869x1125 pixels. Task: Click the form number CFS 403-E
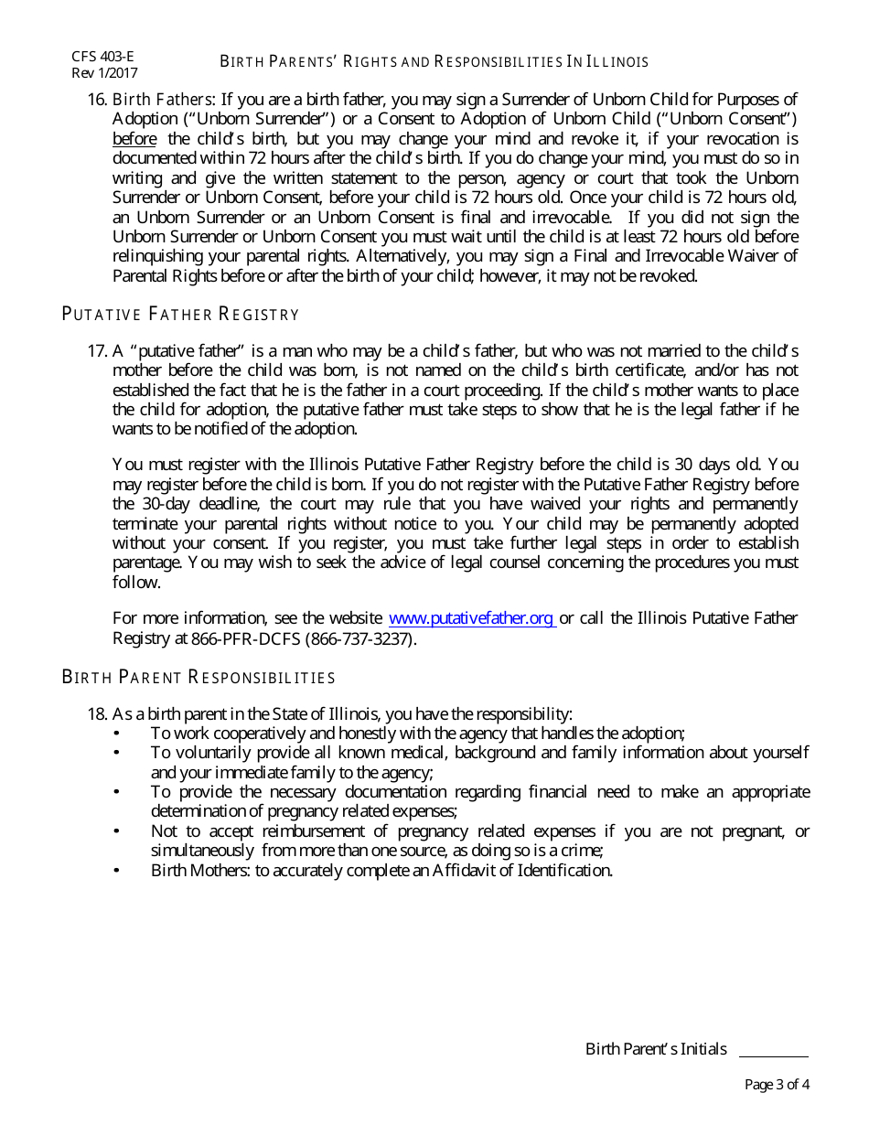click(x=102, y=57)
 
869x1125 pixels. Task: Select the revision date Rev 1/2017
click(x=104, y=73)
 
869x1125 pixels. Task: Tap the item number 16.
click(x=97, y=99)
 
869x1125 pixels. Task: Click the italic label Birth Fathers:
click(x=164, y=99)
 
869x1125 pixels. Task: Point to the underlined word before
click(x=134, y=139)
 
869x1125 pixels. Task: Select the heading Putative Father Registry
click(x=180, y=315)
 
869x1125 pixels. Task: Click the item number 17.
click(x=97, y=350)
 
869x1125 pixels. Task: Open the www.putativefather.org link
click(x=472, y=618)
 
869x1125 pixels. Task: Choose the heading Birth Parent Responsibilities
click(x=198, y=678)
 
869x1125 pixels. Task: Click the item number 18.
click(x=97, y=713)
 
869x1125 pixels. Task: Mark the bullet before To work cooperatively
click(x=116, y=734)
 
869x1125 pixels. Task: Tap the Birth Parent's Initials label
click(x=656, y=1049)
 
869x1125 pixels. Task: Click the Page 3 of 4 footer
click(x=777, y=1086)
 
